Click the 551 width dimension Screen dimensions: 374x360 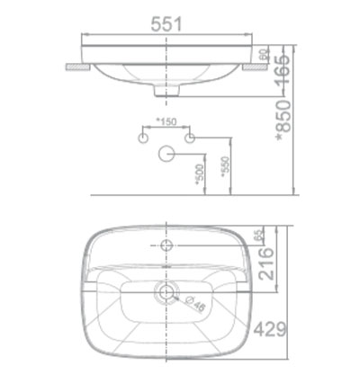coord(166,24)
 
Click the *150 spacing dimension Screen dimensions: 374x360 coord(165,122)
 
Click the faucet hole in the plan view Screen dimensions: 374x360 coord(166,244)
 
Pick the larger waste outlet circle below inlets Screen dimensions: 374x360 coord(166,154)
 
